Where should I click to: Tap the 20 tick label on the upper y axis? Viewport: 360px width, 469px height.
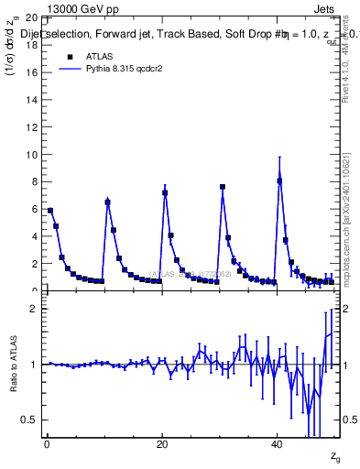(x=32, y=17)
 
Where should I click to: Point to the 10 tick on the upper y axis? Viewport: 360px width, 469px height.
(x=32, y=154)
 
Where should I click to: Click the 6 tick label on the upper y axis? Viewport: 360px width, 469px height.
(x=35, y=209)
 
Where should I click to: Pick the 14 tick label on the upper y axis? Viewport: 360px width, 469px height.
(x=32, y=99)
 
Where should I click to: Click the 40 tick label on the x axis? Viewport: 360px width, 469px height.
(x=277, y=445)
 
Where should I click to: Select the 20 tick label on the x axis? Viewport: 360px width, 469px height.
(x=162, y=445)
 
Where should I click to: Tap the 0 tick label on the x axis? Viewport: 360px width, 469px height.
(x=47, y=445)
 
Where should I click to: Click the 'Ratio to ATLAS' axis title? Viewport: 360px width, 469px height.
(x=13, y=365)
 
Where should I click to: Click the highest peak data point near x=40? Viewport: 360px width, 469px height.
(x=279, y=180)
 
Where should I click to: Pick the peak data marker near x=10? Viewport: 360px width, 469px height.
(x=107, y=202)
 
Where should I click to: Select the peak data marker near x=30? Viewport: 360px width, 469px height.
(x=223, y=187)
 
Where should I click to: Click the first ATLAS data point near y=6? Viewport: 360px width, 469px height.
(x=50, y=211)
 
